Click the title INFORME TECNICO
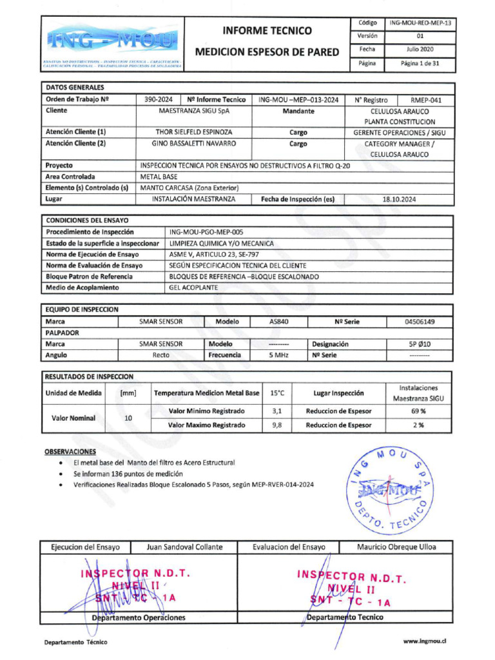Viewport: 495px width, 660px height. coord(267,30)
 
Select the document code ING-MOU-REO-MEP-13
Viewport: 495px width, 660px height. coord(421,23)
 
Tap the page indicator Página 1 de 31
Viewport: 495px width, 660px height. coord(421,64)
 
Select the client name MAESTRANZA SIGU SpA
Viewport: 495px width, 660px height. coord(194,111)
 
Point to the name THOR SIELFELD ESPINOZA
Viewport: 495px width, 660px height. coord(194,132)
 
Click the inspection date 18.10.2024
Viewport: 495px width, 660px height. coord(400,199)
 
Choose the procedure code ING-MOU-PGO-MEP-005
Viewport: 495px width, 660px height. coord(206,232)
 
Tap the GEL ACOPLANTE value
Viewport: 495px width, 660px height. coord(193,287)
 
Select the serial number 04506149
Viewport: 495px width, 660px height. coord(420,322)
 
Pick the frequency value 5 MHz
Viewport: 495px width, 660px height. coord(278,355)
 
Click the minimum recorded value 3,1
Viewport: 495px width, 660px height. coord(277,411)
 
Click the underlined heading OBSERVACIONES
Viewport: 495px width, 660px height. coord(70,452)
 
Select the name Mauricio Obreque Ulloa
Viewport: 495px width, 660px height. coord(396,547)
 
